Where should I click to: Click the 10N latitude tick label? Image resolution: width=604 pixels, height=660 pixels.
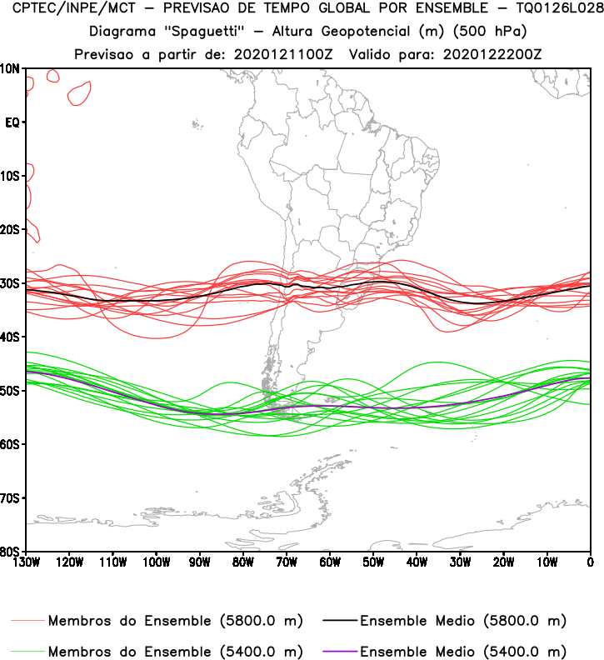(11, 68)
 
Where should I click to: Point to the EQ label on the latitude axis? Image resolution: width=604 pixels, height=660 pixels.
(12, 122)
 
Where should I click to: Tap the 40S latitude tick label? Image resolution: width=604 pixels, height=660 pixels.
(11, 337)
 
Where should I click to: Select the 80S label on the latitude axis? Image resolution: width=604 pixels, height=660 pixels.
(11, 552)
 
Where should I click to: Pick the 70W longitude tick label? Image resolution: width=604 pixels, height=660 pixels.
(286, 562)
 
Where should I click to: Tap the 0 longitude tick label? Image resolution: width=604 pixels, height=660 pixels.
(591, 562)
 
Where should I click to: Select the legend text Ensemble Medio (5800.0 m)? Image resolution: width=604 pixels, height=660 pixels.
(462, 621)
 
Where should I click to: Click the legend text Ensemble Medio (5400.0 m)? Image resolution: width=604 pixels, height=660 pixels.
(462, 651)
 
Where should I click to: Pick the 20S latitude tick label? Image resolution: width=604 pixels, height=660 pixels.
(11, 230)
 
